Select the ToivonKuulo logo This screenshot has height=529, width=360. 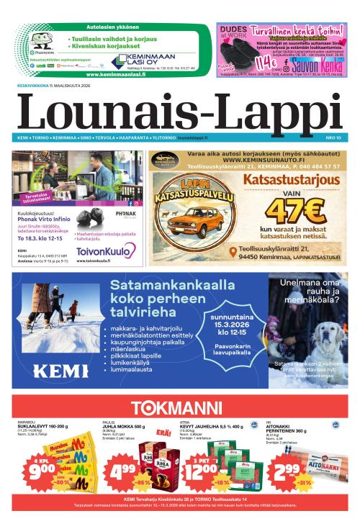tap(107, 250)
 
